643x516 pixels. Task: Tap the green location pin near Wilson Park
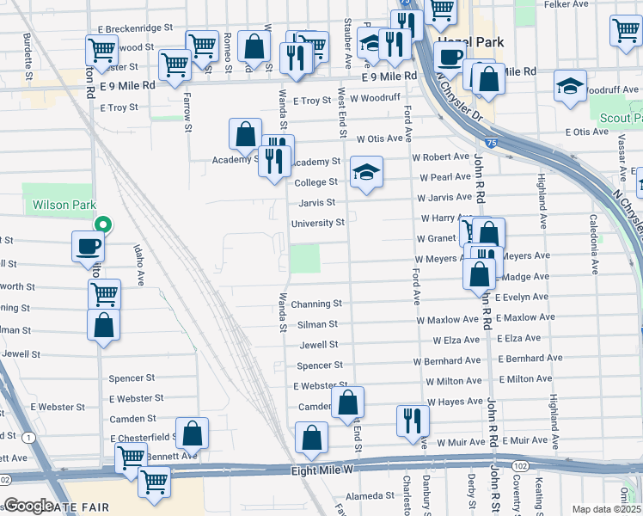click(102, 225)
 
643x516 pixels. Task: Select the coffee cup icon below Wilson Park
click(88, 247)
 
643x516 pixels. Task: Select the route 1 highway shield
click(31, 438)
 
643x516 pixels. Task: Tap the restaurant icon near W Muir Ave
click(413, 421)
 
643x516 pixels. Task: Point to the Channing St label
click(316, 304)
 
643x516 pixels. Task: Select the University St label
click(317, 223)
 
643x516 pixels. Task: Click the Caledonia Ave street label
click(593, 244)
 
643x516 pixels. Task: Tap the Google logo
click(29, 506)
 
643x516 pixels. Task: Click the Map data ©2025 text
click(607, 509)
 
